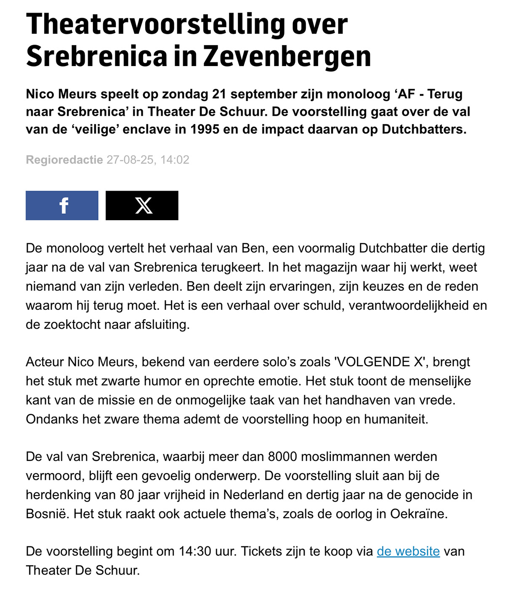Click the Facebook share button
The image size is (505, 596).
(x=62, y=205)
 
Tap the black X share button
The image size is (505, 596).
(x=142, y=205)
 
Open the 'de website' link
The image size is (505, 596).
(x=408, y=551)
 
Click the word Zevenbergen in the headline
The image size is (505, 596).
(x=287, y=56)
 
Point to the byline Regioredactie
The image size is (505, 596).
(x=64, y=160)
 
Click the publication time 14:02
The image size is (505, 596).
(x=175, y=160)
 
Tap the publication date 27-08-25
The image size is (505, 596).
(x=131, y=160)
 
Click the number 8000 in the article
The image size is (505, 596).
(x=282, y=457)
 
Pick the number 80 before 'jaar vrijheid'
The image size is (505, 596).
(x=126, y=495)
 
